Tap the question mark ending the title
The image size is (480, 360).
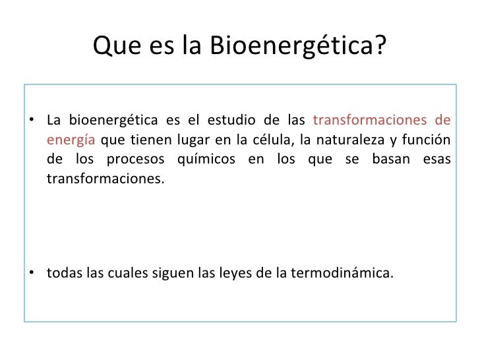[381, 45]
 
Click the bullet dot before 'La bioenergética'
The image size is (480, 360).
[32, 121]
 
